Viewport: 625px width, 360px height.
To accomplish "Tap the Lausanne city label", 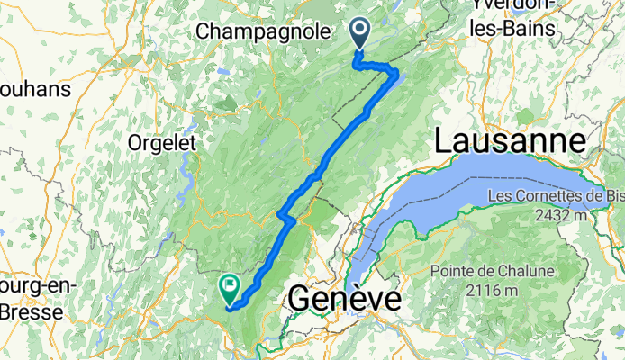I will click(511, 142).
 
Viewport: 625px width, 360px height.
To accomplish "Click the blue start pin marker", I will click(360, 34).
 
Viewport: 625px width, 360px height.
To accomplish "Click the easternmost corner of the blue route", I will click(398, 76).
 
